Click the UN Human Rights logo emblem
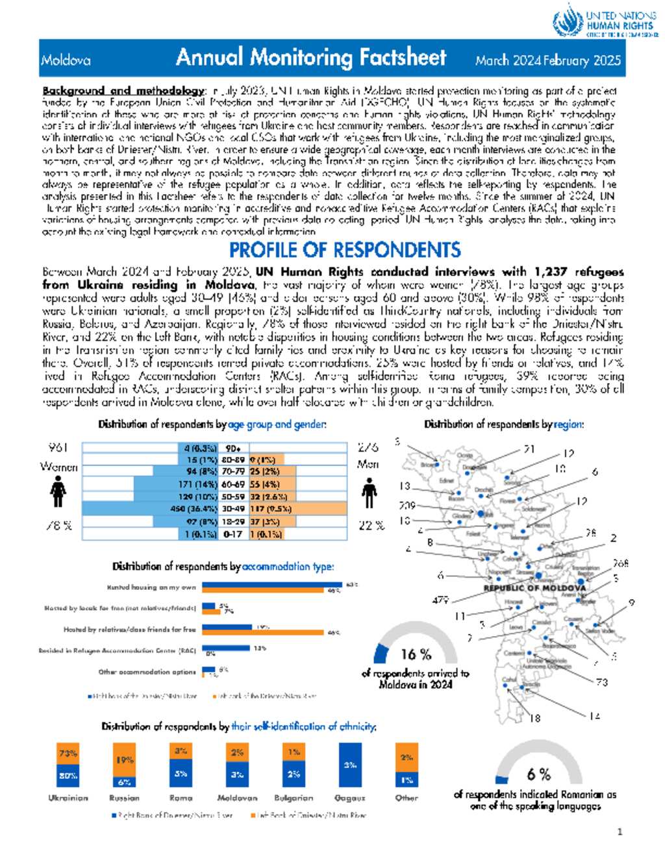pos(568,21)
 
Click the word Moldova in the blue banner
pos(66,60)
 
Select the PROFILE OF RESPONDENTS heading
pos(345,250)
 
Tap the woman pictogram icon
pos(58,491)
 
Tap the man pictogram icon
pos(370,493)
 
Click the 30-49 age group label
pos(232,509)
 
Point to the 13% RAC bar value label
pos(260,648)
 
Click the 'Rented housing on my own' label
pos(151,587)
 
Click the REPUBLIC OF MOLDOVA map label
pos(534,588)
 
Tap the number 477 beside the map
pos(441,600)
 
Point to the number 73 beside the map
pos(602,682)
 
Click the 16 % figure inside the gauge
pos(416,654)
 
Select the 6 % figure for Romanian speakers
pos(539,774)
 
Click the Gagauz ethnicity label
pos(349,798)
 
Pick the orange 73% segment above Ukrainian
pos(68,754)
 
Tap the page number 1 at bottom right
pos(620,832)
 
